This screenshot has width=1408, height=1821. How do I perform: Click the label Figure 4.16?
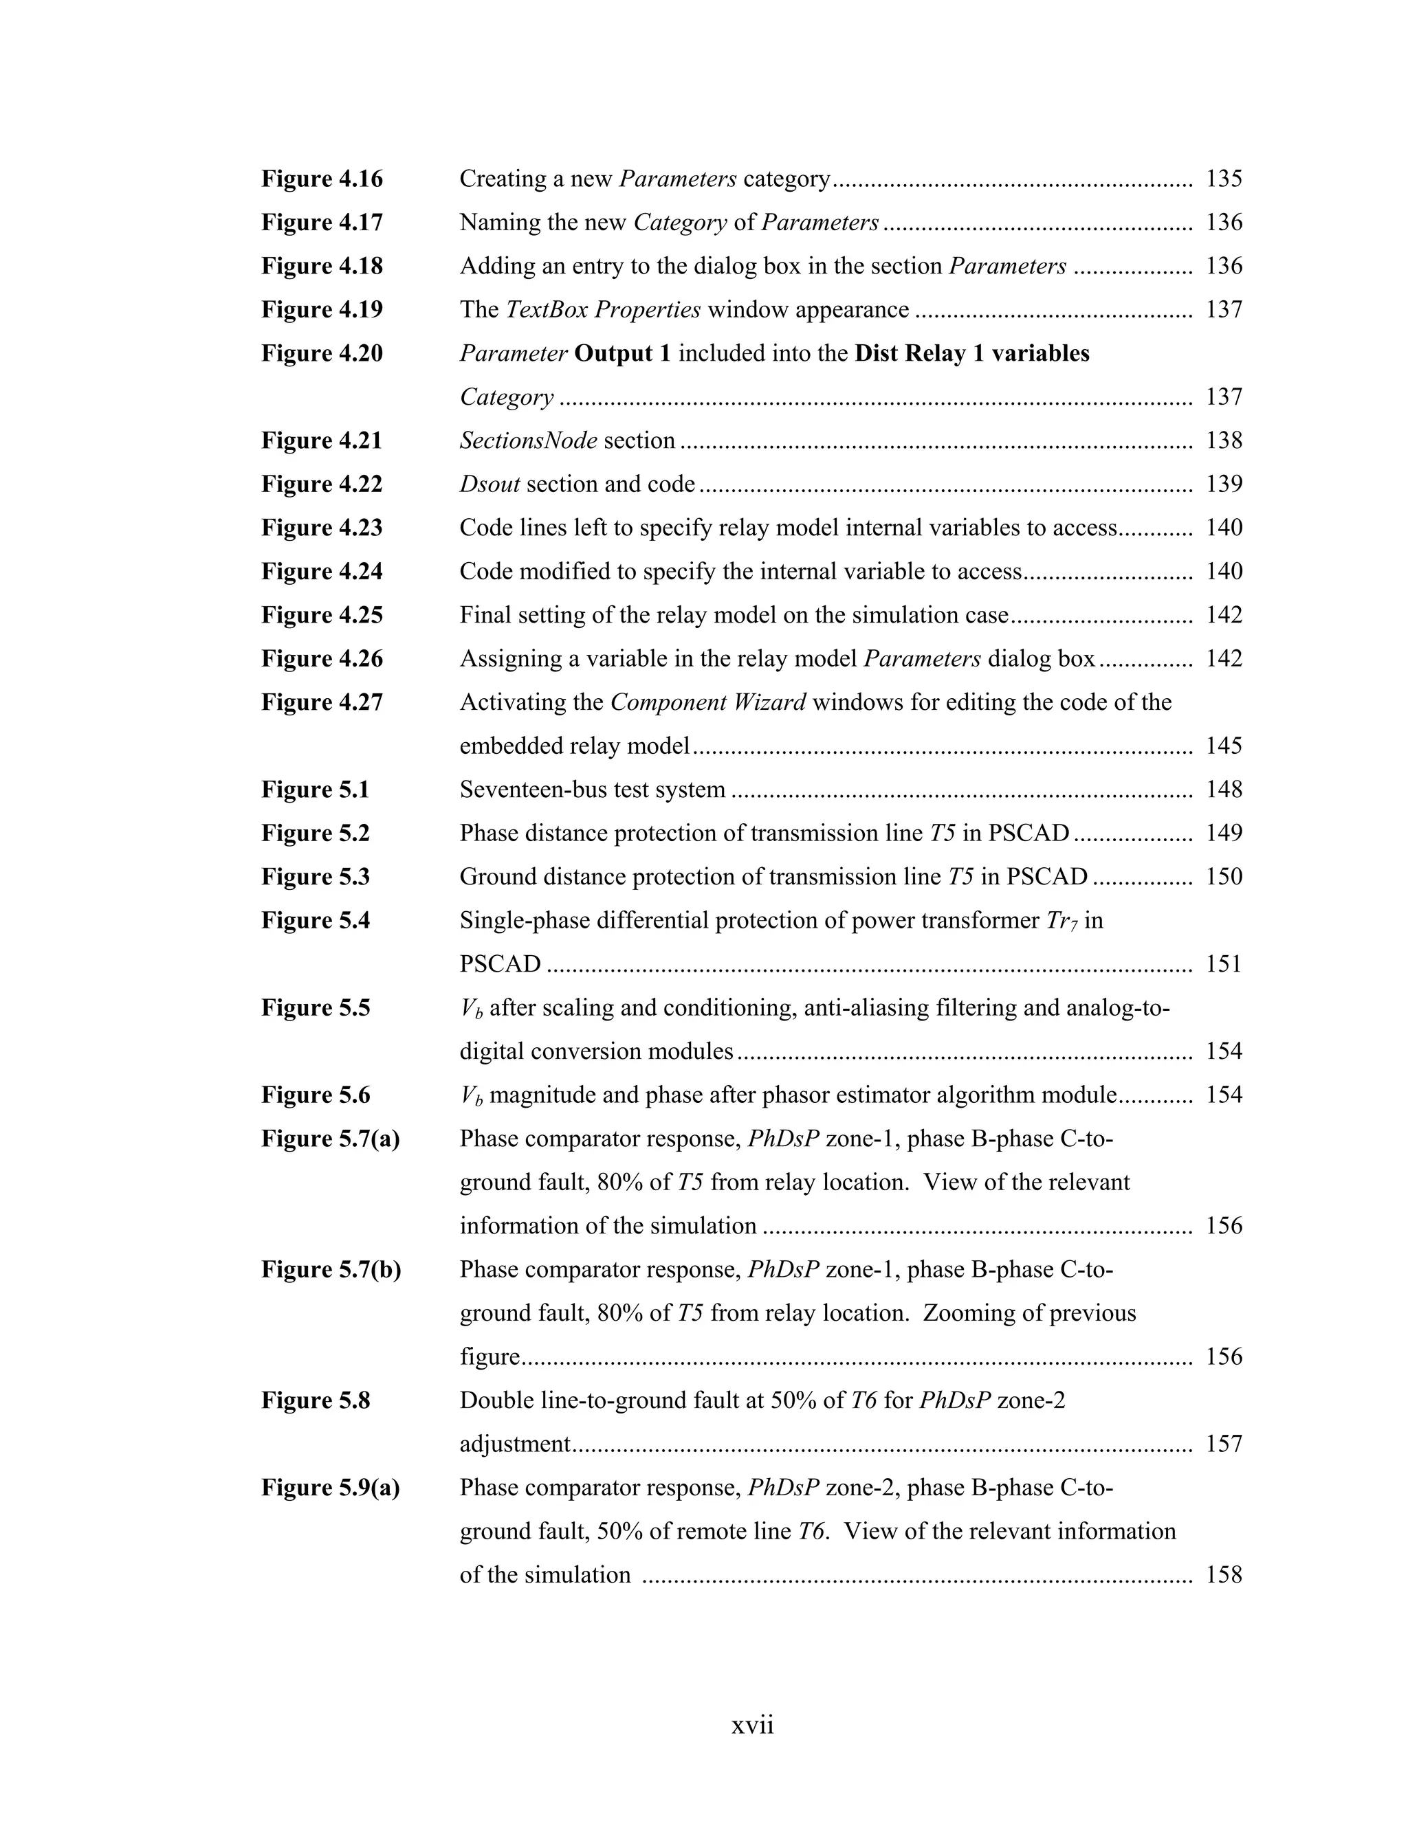tap(322, 179)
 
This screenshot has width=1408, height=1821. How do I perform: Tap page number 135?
tap(1223, 179)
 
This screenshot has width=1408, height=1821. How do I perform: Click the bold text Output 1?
tap(622, 353)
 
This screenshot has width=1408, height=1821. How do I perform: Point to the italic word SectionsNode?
tap(528, 440)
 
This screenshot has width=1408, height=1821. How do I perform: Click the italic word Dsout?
tap(489, 484)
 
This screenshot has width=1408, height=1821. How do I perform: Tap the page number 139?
tap(1223, 484)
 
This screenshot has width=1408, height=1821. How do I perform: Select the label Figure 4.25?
tap(322, 615)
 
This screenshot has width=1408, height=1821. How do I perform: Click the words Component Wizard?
tap(707, 702)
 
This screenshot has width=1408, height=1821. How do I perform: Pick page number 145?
tap(1223, 746)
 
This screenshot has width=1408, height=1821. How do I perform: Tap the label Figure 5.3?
tap(316, 877)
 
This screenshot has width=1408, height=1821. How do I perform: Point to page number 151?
tap(1223, 964)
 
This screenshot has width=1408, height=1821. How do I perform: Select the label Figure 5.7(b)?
tap(331, 1270)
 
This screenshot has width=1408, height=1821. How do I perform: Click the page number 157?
tap(1223, 1444)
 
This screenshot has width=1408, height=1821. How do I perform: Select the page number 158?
tap(1223, 1575)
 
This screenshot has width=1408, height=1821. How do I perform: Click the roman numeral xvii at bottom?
tap(752, 1725)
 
